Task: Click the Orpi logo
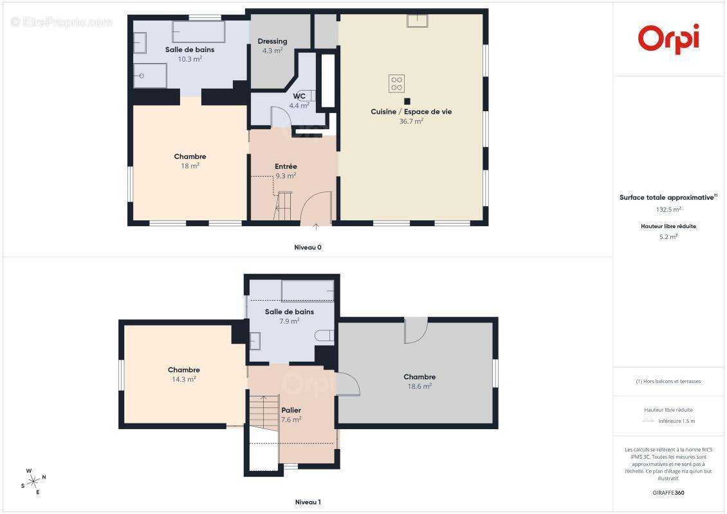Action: (668, 39)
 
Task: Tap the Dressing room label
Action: (272, 41)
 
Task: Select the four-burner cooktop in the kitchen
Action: (396, 84)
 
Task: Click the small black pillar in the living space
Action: (407, 101)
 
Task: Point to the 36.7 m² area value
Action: (411, 121)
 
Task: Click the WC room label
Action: (299, 96)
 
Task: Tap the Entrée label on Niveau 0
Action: (286, 166)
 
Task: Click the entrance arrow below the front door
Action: (316, 226)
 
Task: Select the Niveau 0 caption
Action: (308, 247)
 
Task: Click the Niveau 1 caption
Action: (308, 502)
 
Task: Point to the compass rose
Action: (33, 482)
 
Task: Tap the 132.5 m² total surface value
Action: (668, 209)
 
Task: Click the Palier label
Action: (291, 411)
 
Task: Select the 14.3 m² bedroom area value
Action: (183, 379)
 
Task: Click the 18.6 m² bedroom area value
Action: (419, 386)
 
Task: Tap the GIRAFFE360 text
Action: (668, 493)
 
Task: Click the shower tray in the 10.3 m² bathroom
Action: (150, 75)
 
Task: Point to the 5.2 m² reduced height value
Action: (668, 236)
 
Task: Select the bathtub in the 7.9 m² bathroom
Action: (308, 291)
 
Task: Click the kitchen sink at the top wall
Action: (418, 21)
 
